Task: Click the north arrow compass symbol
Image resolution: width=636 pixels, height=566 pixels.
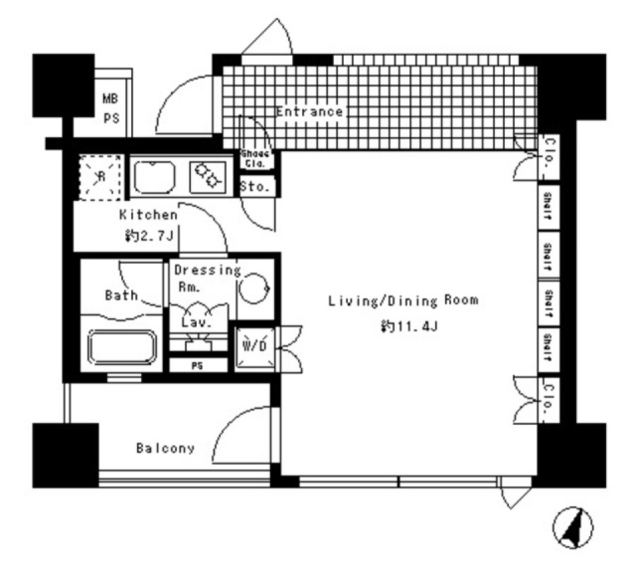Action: [573, 527]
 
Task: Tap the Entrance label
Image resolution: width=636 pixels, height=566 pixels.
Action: [309, 111]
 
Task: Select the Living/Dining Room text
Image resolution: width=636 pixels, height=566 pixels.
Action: [403, 301]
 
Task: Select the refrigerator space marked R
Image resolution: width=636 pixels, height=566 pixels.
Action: [101, 176]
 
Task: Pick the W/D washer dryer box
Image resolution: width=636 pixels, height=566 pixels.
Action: [254, 346]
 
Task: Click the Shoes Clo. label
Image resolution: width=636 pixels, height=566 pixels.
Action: [255, 158]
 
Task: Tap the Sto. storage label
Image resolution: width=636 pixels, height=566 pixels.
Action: [255, 186]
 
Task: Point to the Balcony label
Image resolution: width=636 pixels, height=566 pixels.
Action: [166, 449]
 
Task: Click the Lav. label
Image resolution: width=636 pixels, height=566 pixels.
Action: [197, 323]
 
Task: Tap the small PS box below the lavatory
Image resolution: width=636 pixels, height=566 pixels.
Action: [197, 364]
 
